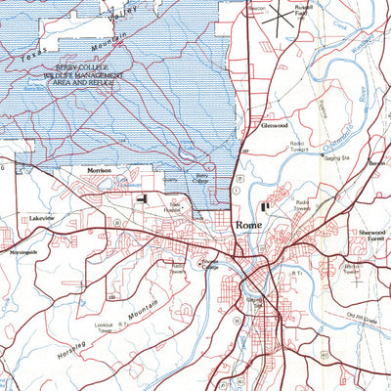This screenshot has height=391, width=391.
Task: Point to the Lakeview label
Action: tap(43, 218)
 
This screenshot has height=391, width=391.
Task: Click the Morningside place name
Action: tap(22, 251)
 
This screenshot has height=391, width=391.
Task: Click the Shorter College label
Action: tap(209, 264)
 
